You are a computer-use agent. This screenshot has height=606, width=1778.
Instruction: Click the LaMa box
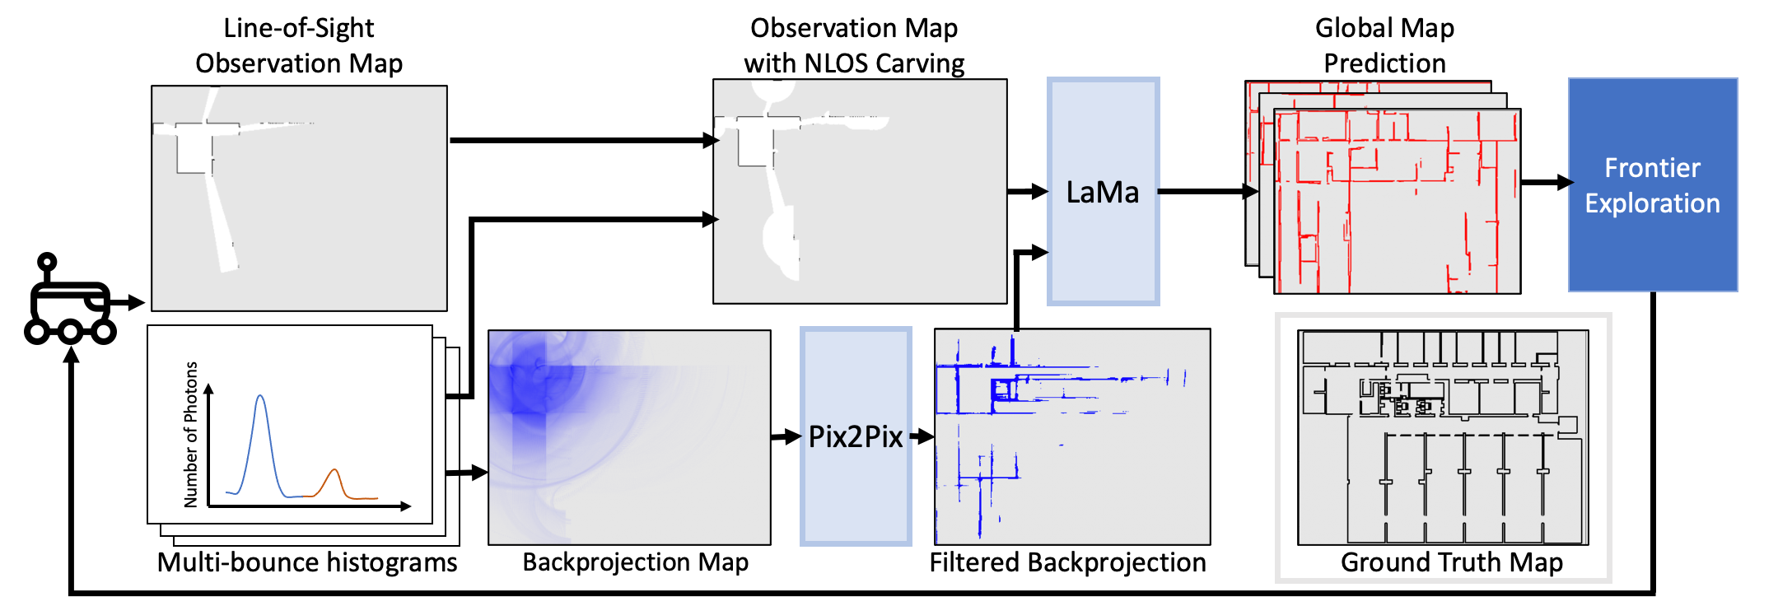pos(1103,192)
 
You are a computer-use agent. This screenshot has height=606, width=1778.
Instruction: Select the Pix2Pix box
pos(856,436)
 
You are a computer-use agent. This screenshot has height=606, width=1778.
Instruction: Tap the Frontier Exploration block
pos(1652,185)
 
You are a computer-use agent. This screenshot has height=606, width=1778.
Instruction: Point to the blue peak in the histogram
pos(260,399)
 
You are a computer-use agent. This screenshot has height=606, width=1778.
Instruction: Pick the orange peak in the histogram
pos(334,472)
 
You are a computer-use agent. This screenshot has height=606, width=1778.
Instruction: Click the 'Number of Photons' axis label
pos(191,434)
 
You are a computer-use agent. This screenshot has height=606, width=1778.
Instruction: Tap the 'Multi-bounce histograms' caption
pos(307,562)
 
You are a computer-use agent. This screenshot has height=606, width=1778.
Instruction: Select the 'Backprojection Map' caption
pos(635,562)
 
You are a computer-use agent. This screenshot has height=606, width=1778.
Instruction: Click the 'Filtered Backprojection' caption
pos(1067,562)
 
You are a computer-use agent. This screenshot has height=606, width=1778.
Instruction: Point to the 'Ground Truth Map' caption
pos(1451,562)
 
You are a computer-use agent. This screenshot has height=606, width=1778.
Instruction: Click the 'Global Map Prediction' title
pos(1384,45)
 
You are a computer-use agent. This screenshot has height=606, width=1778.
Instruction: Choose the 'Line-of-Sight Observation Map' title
pos(299,45)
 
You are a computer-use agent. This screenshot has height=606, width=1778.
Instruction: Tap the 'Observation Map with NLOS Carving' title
pos(854,45)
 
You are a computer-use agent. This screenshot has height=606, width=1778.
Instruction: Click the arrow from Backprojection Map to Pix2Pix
pos(786,436)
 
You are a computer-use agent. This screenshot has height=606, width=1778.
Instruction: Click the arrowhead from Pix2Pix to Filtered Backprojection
pos(926,436)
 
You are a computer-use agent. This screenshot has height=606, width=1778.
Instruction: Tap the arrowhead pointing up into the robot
pos(72,355)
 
